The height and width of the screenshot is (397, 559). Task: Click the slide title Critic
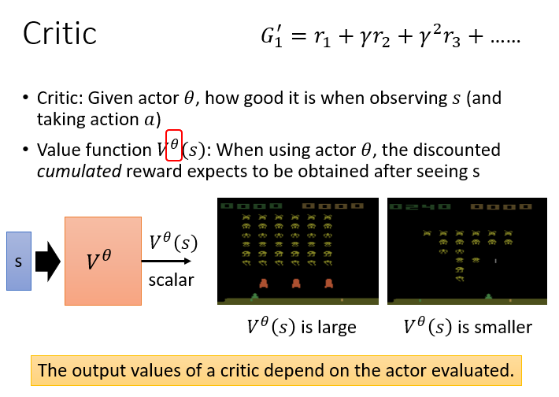tap(60, 33)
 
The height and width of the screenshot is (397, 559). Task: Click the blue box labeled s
tap(19, 261)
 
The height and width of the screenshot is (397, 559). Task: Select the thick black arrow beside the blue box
tap(48, 262)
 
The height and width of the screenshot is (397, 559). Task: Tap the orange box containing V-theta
tap(103, 261)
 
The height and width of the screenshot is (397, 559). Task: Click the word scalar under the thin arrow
tap(171, 280)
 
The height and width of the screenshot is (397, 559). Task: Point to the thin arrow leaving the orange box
tap(166, 261)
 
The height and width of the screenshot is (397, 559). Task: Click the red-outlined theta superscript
tap(174, 145)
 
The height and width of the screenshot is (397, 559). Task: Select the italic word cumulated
tap(80, 172)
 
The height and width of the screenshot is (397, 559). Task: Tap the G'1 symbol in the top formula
tap(272, 36)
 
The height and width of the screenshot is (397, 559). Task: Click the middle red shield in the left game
tap(296, 284)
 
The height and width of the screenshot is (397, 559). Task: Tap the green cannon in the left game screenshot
tap(255, 296)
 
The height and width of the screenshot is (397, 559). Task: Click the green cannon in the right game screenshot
tap(489, 296)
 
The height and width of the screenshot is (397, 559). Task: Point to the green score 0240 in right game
tap(419, 206)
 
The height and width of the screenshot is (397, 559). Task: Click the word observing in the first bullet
tap(408, 98)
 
